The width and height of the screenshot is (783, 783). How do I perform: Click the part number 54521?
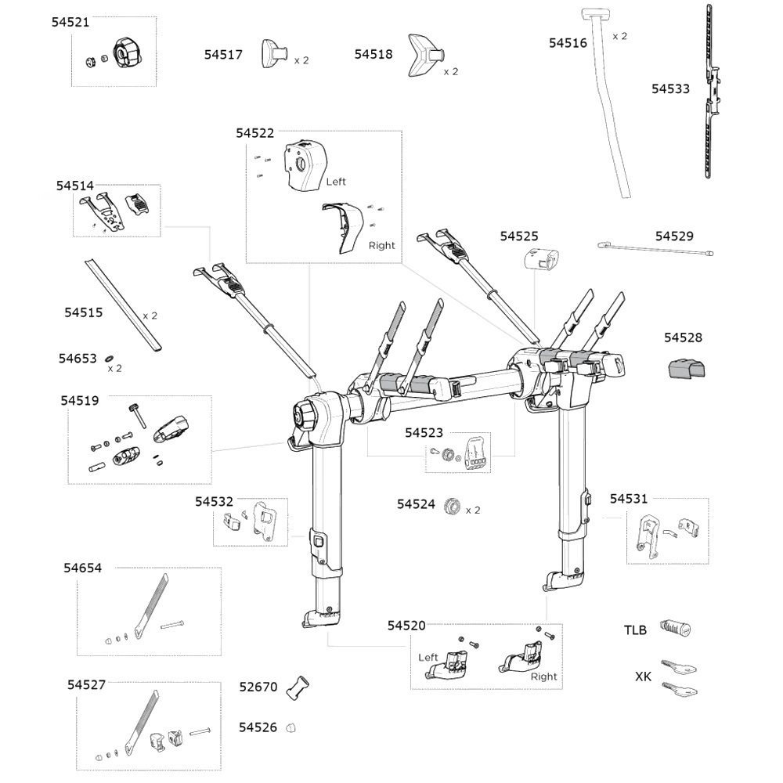(x=70, y=23)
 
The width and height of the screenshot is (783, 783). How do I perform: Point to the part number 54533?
(x=670, y=89)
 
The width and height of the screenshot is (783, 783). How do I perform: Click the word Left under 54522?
(x=336, y=182)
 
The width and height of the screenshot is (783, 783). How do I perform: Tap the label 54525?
(x=519, y=236)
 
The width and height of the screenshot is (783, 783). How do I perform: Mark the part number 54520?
(x=406, y=626)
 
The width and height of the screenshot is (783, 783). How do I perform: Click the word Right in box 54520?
(x=543, y=677)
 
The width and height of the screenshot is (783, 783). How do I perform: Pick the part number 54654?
(x=83, y=568)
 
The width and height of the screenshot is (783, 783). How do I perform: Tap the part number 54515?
(x=83, y=312)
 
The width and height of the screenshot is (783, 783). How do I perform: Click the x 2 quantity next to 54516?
(x=619, y=36)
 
